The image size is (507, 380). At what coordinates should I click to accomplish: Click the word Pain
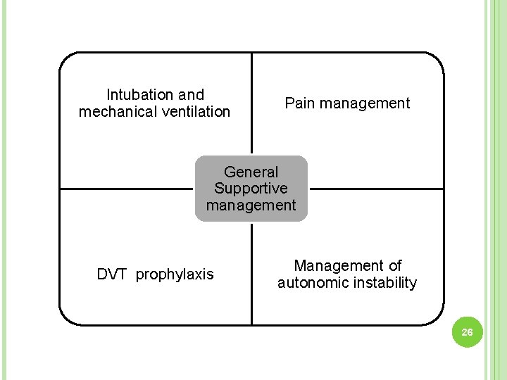pyautogui.click(x=300, y=103)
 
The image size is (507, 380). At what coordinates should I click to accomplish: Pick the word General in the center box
pyautogui.click(x=251, y=172)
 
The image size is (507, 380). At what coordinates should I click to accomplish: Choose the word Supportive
pyautogui.click(x=251, y=189)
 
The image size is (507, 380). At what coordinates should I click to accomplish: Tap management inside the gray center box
pyautogui.click(x=251, y=205)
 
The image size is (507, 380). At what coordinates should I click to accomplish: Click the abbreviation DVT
pyautogui.click(x=113, y=274)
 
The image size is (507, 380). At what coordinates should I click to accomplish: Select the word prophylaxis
pyautogui.click(x=175, y=274)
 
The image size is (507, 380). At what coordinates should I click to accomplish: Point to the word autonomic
pyautogui.click(x=313, y=283)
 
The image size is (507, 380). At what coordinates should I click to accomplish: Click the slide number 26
pyautogui.click(x=465, y=332)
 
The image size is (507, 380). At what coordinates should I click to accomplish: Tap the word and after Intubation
pyautogui.click(x=191, y=95)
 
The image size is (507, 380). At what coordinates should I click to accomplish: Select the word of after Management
pyautogui.click(x=395, y=266)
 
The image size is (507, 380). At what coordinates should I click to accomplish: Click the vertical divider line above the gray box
pyautogui.click(x=252, y=106)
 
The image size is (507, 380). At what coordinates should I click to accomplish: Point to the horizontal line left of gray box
pyautogui.click(x=127, y=189)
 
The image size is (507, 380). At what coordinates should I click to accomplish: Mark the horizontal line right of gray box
pyautogui.click(x=377, y=189)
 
